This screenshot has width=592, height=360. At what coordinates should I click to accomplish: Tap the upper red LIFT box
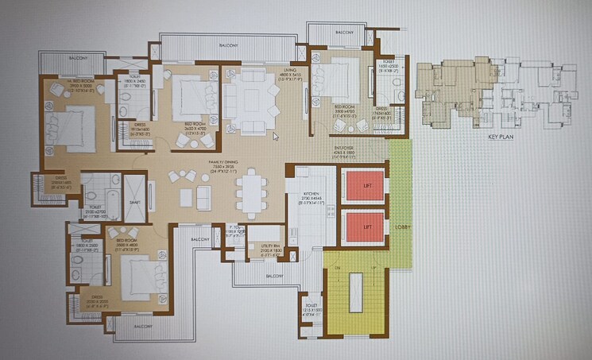point(362,186)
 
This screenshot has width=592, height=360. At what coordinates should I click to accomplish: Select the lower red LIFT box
point(362,226)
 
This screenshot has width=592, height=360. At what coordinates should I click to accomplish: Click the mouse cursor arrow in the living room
point(275,136)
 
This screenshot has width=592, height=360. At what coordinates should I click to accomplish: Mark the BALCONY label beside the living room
point(231,46)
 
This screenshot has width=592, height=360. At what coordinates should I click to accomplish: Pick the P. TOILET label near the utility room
point(233,232)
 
